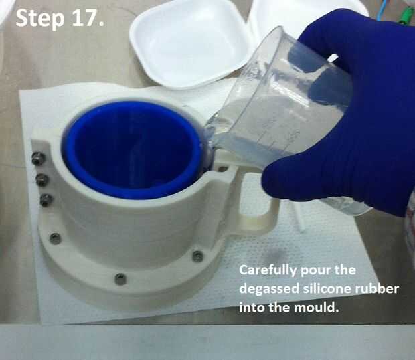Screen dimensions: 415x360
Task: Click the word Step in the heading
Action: point(40,19)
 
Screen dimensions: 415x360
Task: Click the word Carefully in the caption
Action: point(267,270)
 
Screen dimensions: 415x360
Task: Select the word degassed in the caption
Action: point(269,289)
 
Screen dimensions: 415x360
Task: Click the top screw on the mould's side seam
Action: point(38,158)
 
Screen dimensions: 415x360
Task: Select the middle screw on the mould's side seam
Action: point(42,180)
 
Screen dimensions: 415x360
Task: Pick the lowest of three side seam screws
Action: point(46,200)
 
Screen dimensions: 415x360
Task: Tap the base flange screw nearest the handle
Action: point(197,256)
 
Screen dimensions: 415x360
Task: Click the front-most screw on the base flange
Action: point(120,279)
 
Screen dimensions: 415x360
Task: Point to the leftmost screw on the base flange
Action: point(55,238)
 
